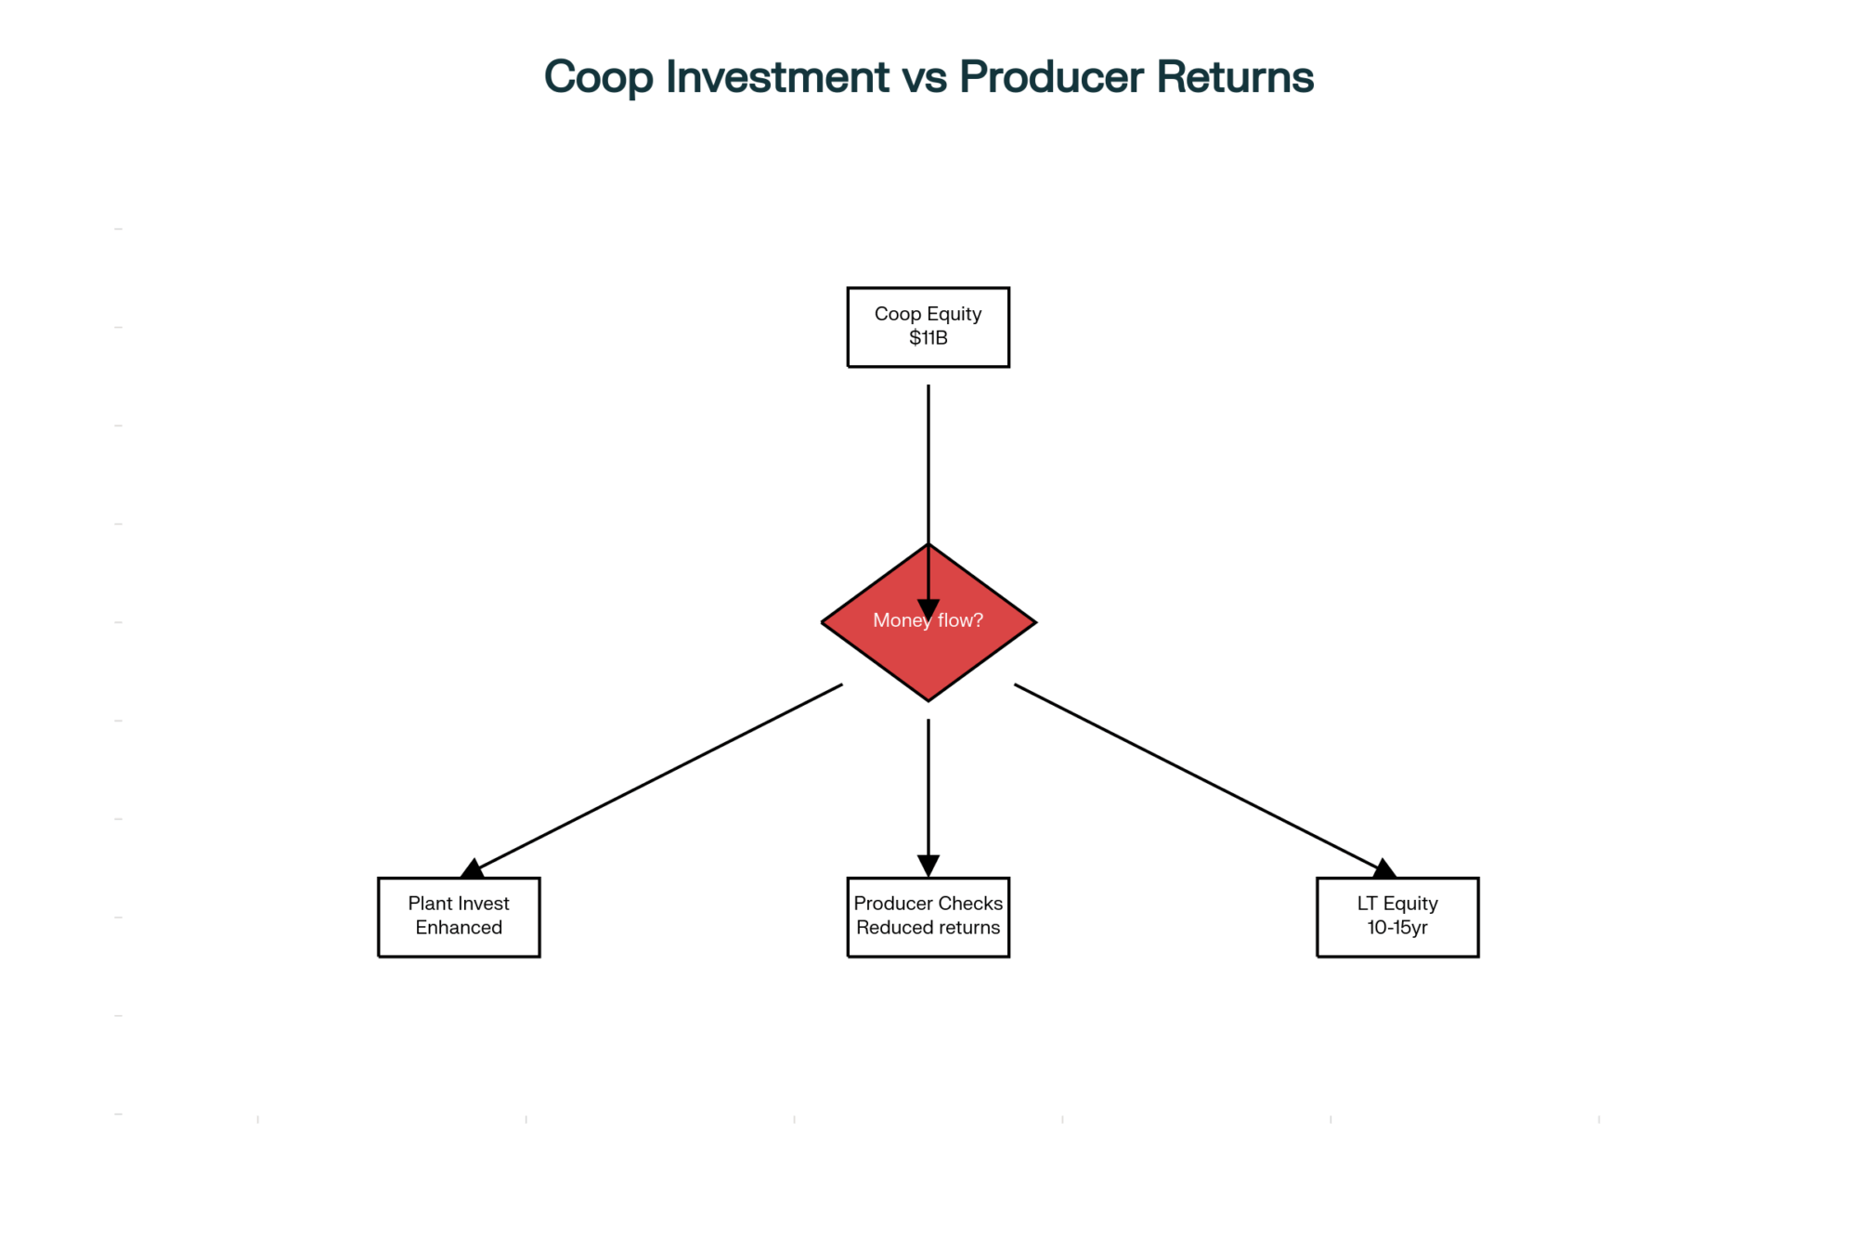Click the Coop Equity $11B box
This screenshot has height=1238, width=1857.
click(x=928, y=327)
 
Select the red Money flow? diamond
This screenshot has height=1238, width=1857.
click(x=928, y=622)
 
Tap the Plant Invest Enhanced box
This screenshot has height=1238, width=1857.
click(x=459, y=917)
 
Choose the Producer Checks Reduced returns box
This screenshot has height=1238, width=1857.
click(x=928, y=917)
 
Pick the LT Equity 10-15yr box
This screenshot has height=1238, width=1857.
click(x=1397, y=917)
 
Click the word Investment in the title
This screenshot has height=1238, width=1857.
click(x=777, y=77)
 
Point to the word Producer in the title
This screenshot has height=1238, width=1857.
click(x=1051, y=77)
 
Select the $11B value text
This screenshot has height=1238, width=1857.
click(x=928, y=338)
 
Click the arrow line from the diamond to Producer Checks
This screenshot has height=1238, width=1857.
click(x=928, y=798)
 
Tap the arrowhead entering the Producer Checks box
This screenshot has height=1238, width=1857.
click(x=928, y=866)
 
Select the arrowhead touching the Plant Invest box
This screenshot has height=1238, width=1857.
click(x=472, y=869)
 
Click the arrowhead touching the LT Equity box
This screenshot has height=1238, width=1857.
click(x=1384, y=869)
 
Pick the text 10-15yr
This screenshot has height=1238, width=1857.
click(x=1397, y=928)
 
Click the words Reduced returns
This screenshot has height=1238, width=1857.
click(x=928, y=928)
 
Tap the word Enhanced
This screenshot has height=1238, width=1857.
click(x=459, y=928)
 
